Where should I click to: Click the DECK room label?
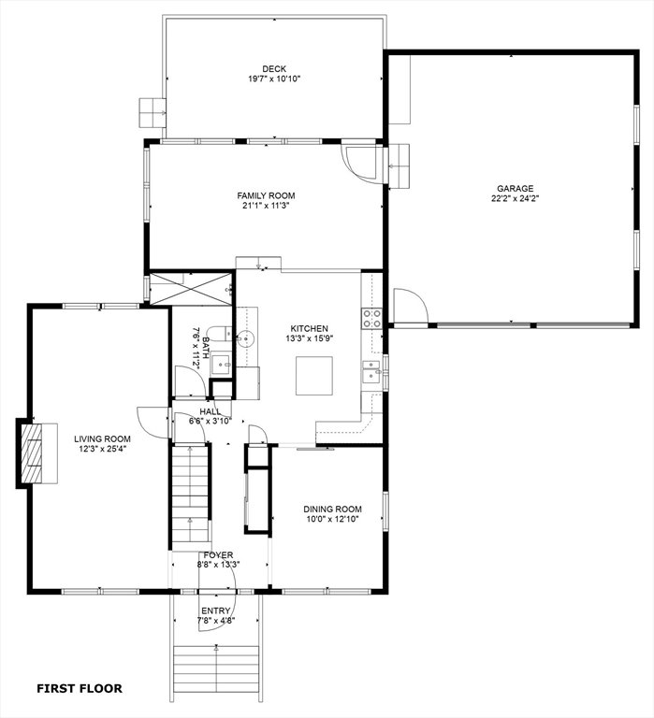[x=274, y=69]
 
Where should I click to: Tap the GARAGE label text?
[x=516, y=189]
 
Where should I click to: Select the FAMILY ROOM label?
[x=266, y=196]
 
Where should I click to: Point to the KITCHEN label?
[x=310, y=329]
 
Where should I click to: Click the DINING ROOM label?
[x=332, y=510]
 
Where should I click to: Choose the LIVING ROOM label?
[x=102, y=439]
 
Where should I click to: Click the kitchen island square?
[x=314, y=376]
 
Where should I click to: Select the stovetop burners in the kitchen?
[x=372, y=319]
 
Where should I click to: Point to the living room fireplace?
[x=36, y=452]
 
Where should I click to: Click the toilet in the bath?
[x=220, y=334]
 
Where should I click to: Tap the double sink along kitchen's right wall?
[x=371, y=371]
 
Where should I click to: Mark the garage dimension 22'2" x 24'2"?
[x=516, y=199]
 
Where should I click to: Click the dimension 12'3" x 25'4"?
[x=102, y=449]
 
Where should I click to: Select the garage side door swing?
[x=411, y=306]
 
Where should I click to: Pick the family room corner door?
[x=363, y=163]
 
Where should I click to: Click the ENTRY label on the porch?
[x=215, y=611]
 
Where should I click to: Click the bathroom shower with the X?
[x=191, y=289]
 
